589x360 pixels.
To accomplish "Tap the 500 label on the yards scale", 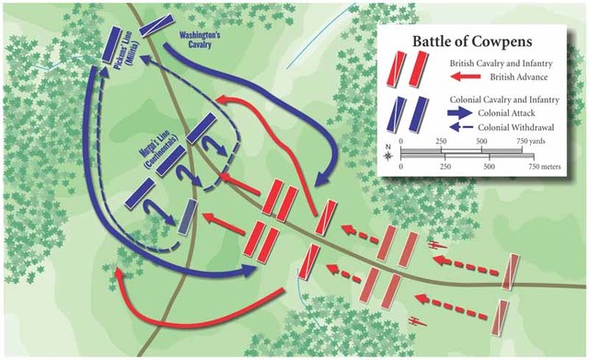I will pyautogui.click(x=482, y=140).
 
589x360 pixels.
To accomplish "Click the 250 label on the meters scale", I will pyautogui.click(x=445, y=168).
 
